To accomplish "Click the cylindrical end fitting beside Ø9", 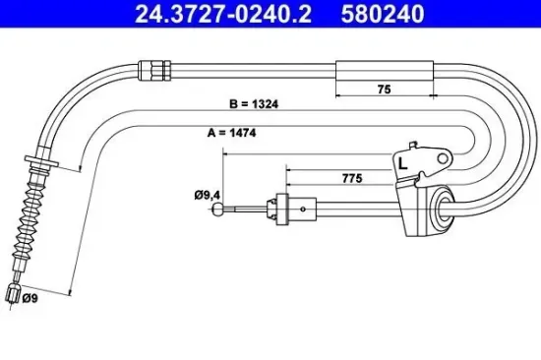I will point(13,293).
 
